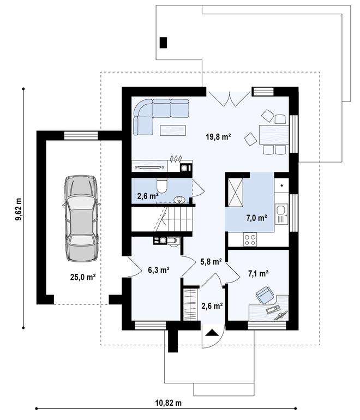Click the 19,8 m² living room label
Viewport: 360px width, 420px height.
click(x=218, y=137)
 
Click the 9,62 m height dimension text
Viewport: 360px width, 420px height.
click(x=20, y=208)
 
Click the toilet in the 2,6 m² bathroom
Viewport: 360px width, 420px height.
click(x=161, y=183)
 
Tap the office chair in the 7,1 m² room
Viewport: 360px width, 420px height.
click(x=266, y=295)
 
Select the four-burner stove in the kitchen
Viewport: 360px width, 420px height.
click(x=250, y=238)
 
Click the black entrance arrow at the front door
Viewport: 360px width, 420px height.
click(x=212, y=331)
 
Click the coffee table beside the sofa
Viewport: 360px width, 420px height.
click(x=173, y=130)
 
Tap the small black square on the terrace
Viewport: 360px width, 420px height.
click(x=163, y=42)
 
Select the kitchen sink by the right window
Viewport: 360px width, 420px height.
click(x=281, y=211)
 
